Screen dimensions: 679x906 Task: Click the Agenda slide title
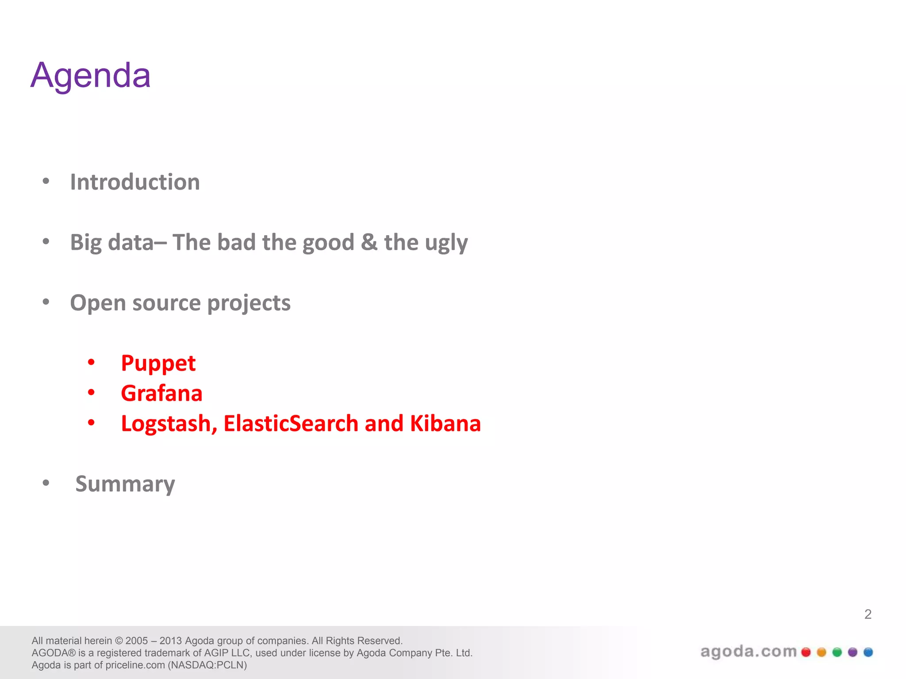(x=91, y=75)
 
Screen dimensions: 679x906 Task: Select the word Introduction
(x=135, y=182)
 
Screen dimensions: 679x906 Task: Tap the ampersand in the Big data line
(x=369, y=242)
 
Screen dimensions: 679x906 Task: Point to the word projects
(x=249, y=304)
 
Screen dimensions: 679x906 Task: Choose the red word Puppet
(x=158, y=364)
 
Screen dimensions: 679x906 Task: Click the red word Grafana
(x=161, y=393)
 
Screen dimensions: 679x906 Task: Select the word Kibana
(x=445, y=423)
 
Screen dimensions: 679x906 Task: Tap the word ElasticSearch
(x=291, y=423)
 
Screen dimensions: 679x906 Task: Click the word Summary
(x=125, y=484)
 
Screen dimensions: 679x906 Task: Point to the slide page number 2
(x=868, y=614)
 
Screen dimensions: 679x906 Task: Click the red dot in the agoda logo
(x=806, y=652)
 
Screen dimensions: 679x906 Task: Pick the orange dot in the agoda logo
(x=822, y=652)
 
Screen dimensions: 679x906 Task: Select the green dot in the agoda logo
(x=837, y=652)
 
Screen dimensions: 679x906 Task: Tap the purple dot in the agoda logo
(x=852, y=652)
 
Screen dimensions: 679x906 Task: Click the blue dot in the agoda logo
(x=868, y=652)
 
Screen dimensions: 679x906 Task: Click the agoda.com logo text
(x=749, y=652)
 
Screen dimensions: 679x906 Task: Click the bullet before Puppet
(x=91, y=362)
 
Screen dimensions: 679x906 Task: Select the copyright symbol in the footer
(x=119, y=641)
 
